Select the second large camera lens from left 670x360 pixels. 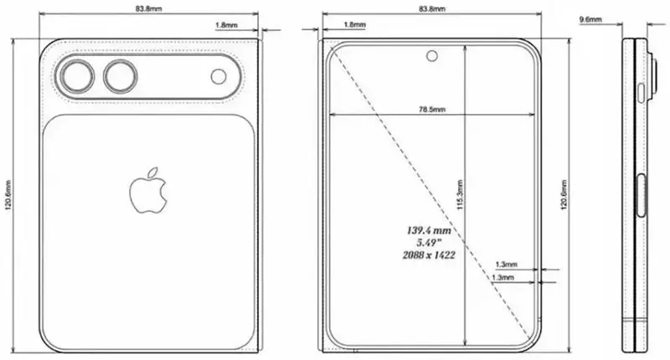click(x=119, y=78)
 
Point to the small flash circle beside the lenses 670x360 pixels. click(x=219, y=78)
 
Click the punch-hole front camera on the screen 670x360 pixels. click(x=432, y=56)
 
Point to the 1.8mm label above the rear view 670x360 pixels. click(x=226, y=25)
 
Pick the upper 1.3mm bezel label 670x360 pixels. click(x=505, y=264)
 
